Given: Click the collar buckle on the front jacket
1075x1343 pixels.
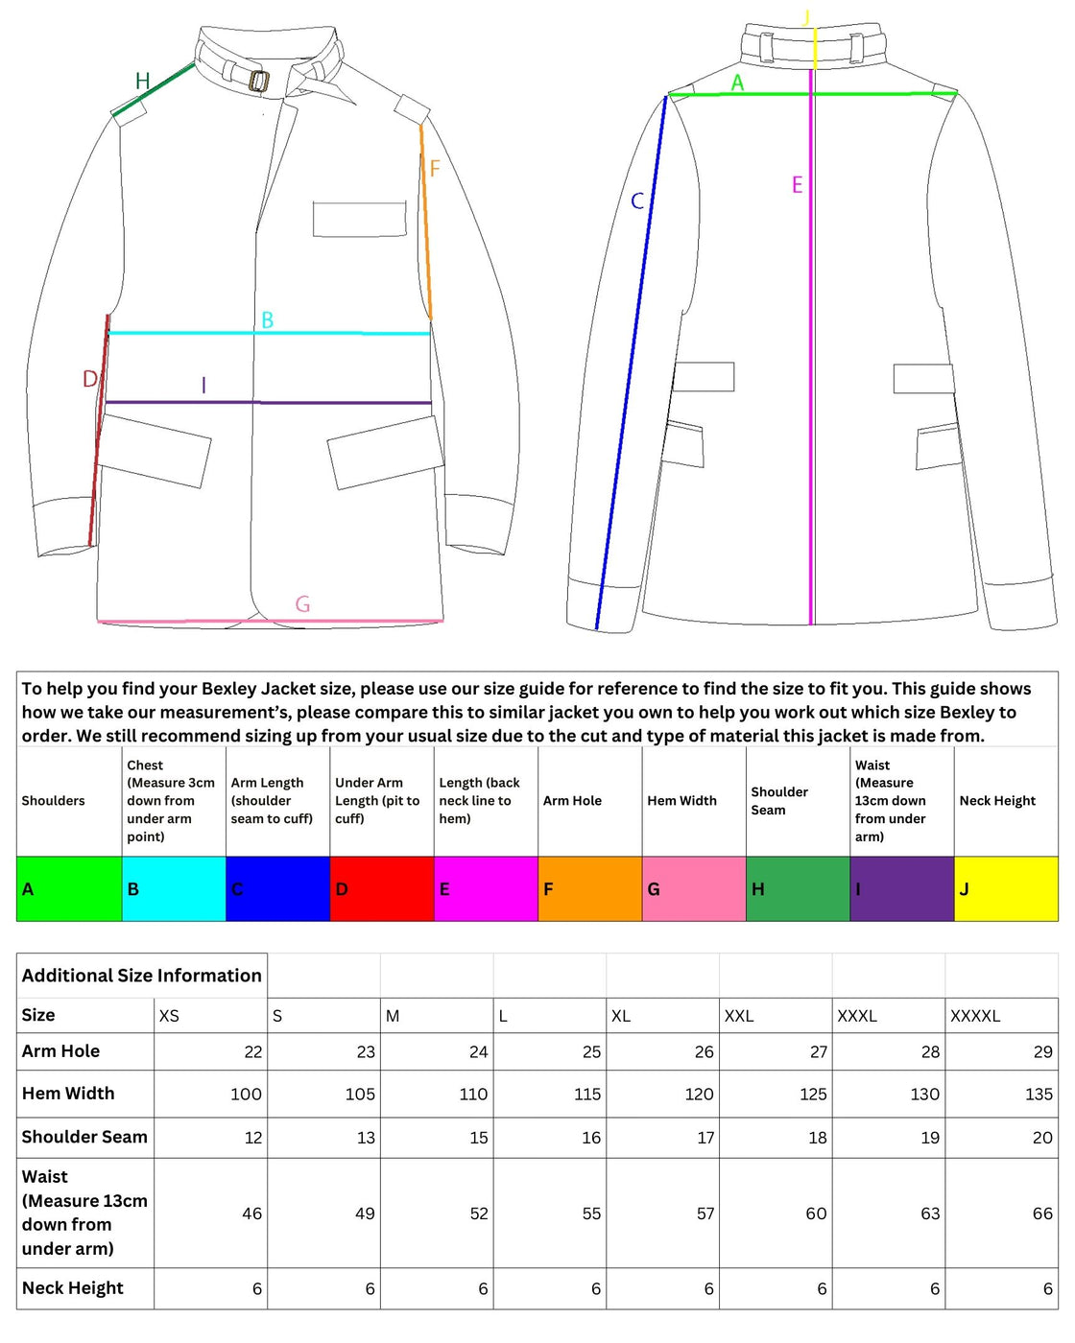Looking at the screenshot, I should coord(258,81).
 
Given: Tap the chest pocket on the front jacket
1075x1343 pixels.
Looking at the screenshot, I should coord(359,219).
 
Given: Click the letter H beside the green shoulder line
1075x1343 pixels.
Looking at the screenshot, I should coord(142,82).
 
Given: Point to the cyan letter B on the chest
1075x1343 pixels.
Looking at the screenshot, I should coord(268,320).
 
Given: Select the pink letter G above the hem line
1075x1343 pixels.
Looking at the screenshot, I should coord(302,604).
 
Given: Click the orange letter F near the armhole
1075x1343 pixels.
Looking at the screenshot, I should coord(435,169).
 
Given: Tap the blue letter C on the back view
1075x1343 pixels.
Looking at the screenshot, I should coord(637,201).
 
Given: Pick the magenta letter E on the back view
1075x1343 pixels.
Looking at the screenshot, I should coord(797,185).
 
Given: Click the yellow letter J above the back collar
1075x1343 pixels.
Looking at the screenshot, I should coord(806,17).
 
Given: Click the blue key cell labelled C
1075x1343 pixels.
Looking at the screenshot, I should coord(277,889).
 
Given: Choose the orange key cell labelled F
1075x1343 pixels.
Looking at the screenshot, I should coord(589,889).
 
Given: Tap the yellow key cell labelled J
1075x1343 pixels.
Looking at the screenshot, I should coord(1006,889).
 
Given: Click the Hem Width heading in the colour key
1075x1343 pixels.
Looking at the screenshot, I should coord(681,801).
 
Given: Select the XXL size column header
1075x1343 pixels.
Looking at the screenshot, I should coord(739,1016).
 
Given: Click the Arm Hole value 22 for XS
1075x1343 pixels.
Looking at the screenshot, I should coord(252,1052).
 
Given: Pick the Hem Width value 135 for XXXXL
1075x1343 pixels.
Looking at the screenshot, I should coord(1039,1095).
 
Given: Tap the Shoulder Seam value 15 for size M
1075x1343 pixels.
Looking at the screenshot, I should coord(478,1138).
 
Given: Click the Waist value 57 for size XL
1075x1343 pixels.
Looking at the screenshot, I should coord(705,1213).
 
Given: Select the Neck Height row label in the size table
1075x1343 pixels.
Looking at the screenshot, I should coord(73,1288).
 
